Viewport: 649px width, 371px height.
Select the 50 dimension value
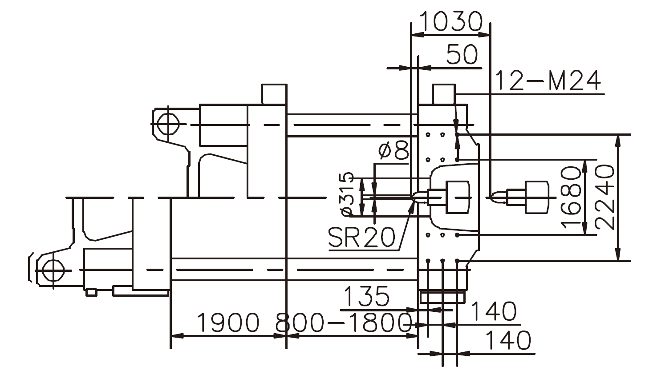point(462,55)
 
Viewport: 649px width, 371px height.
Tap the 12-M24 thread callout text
point(548,81)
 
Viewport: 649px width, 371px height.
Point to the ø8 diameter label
point(393,151)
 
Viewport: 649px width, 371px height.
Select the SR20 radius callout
point(361,238)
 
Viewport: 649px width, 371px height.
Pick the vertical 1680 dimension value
point(572,197)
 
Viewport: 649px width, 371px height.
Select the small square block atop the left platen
point(274,94)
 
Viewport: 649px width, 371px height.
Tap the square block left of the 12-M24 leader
point(443,94)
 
